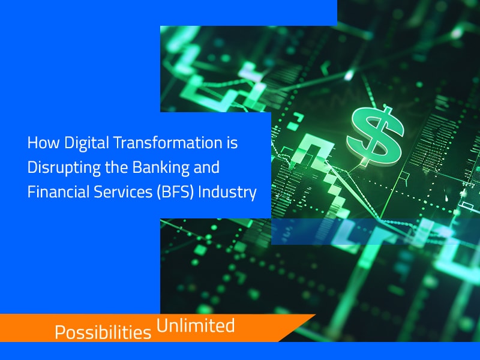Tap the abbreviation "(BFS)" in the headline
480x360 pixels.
coord(170,193)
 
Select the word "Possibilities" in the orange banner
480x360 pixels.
coord(103,332)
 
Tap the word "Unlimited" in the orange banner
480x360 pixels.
coord(195,326)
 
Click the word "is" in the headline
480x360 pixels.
coord(231,144)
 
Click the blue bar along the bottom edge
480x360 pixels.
coord(240,351)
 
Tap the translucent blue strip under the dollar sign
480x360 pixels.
coord(372,231)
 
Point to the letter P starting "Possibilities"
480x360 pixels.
coord(59,332)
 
